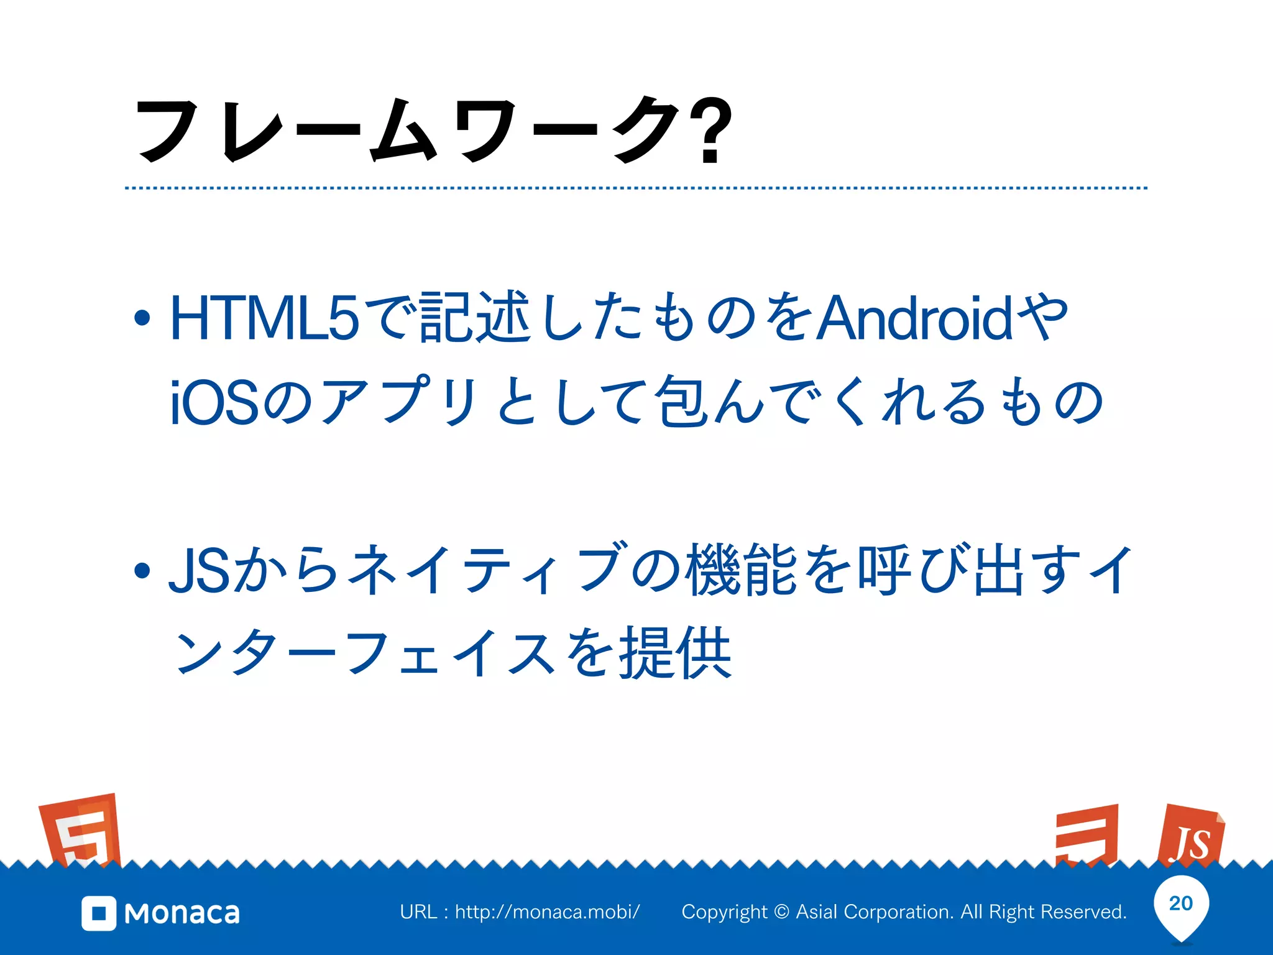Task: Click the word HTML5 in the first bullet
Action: pyautogui.click(x=264, y=318)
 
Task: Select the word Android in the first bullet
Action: pyautogui.click(x=914, y=318)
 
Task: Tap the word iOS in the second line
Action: pyautogui.click(x=214, y=403)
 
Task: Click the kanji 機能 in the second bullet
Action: pyautogui.click(x=742, y=570)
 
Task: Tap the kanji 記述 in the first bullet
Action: pyautogui.click(x=476, y=318)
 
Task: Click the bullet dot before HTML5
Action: pyautogui.click(x=142, y=318)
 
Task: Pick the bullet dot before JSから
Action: pyautogui.click(x=142, y=570)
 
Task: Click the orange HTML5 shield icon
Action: pyautogui.click(x=81, y=831)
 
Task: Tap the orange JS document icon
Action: pyautogui.click(x=1190, y=836)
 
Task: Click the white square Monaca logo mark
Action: pyautogui.click(x=99, y=913)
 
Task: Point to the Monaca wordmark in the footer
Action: pyautogui.click(x=182, y=913)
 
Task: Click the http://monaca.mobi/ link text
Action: pyautogui.click(x=547, y=912)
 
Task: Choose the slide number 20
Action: pyautogui.click(x=1181, y=903)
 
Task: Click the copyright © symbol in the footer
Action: pyautogui.click(x=782, y=912)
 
